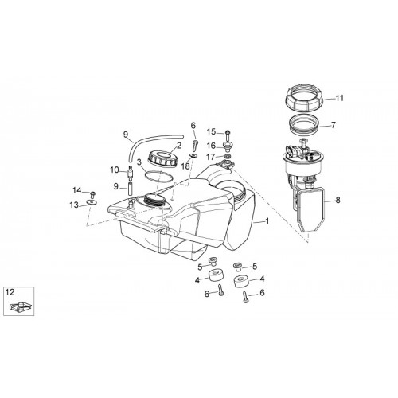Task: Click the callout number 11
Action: (340, 98)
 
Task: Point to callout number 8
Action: (338, 200)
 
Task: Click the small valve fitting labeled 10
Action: (130, 172)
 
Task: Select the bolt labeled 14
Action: (93, 194)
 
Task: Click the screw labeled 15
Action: (228, 136)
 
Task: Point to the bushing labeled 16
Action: (228, 146)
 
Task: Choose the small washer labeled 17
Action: (228, 157)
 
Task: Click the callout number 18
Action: (185, 166)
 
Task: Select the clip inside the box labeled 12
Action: (21, 306)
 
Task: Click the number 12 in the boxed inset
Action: (10, 292)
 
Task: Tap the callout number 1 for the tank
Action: (267, 220)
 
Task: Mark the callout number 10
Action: (115, 170)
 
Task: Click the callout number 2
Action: (179, 146)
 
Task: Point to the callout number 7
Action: (333, 125)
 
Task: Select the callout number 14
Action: (77, 190)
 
